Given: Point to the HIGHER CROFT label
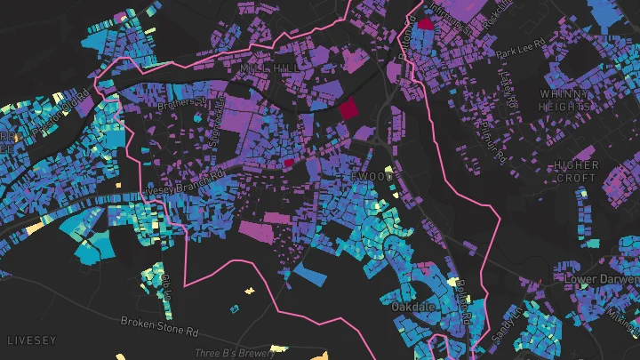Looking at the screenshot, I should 573,172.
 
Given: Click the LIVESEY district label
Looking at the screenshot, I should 31,340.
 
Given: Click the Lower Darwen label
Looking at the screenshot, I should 602,279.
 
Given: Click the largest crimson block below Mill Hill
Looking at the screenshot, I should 347,110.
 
